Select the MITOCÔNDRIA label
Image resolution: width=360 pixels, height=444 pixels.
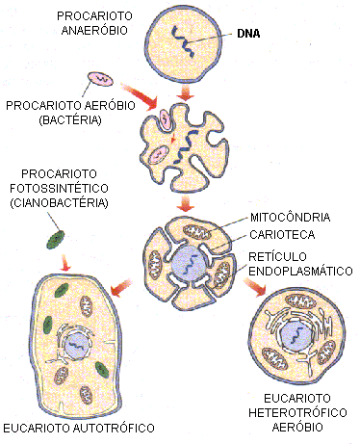pyautogui.click(x=291, y=216)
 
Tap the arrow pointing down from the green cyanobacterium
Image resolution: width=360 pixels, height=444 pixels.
pyautogui.click(x=64, y=263)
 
